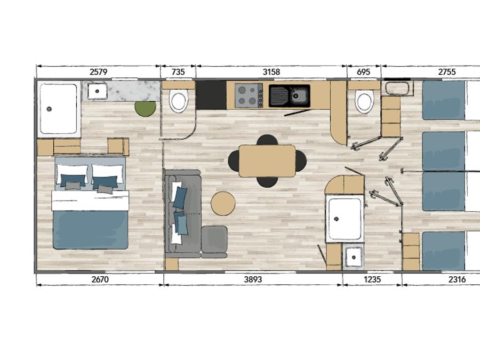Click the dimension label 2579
click(98, 72)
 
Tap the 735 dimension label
click(178, 72)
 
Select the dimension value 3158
click(271, 72)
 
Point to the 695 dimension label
click(364, 72)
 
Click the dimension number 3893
click(253, 279)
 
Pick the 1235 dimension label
click(372, 279)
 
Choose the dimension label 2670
click(100, 279)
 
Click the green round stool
click(146, 108)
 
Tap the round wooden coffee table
click(223, 204)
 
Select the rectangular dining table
click(267, 161)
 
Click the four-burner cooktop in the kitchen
click(249, 95)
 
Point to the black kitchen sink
click(289, 96)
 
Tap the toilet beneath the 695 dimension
click(364, 101)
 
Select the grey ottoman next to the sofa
click(214, 239)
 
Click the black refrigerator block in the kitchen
click(211, 95)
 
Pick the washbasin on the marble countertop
click(98, 91)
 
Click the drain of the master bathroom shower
click(49, 109)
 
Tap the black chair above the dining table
click(267, 140)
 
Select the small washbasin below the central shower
click(354, 257)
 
